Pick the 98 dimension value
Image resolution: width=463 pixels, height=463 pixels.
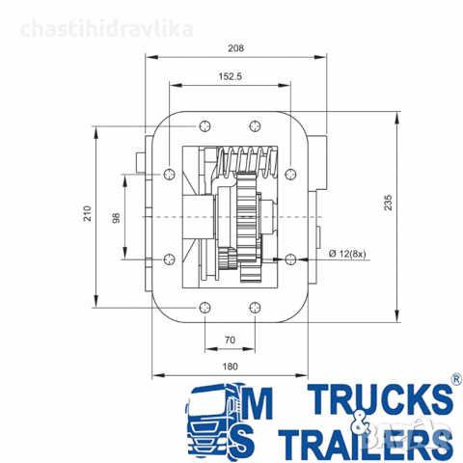point(116,218)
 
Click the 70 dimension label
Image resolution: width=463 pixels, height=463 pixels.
point(230,340)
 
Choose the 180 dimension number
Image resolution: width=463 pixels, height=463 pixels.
point(230,367)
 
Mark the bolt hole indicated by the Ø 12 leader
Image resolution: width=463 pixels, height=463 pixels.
point(286,258)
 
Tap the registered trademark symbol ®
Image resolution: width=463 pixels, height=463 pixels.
point(455,382)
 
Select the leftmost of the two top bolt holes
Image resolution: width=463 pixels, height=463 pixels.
point(204,125)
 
